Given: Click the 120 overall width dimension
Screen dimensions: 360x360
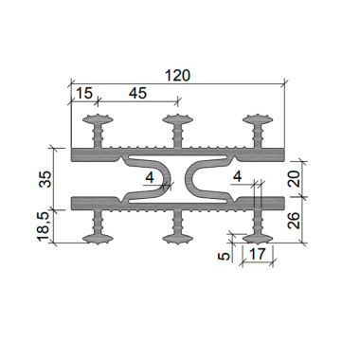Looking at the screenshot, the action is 178,76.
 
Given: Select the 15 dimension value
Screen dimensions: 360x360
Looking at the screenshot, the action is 84,93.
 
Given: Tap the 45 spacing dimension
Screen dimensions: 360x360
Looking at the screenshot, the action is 138,93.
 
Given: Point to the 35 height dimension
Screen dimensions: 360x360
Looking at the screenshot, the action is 46,179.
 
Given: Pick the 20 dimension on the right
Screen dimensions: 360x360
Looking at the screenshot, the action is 294,179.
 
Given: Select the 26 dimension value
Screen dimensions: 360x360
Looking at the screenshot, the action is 294,220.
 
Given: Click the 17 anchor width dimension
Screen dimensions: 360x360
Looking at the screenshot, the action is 257,254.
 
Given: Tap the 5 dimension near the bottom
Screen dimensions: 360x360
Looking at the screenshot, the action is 224,256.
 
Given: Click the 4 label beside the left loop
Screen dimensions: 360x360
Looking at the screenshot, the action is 150,178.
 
